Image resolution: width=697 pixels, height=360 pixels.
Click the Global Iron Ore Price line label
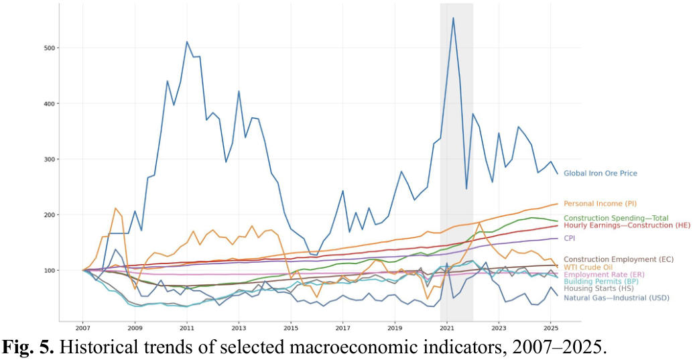(x=600, y=174)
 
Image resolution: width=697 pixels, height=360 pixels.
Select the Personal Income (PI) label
(x=598, y=204)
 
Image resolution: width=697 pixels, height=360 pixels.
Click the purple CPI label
(x=569, y=238)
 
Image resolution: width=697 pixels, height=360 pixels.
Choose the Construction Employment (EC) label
(x=618, y=259)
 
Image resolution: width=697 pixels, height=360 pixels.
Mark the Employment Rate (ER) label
(x=605, y=275)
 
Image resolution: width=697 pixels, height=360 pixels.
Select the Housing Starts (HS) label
(x=598, y=290)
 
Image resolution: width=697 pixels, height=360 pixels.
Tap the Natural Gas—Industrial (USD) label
(x=616, y=298)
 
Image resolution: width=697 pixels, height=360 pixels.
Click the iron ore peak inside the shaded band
(x=453, y=18)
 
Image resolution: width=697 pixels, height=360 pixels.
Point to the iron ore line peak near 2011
(x=187, y=42)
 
